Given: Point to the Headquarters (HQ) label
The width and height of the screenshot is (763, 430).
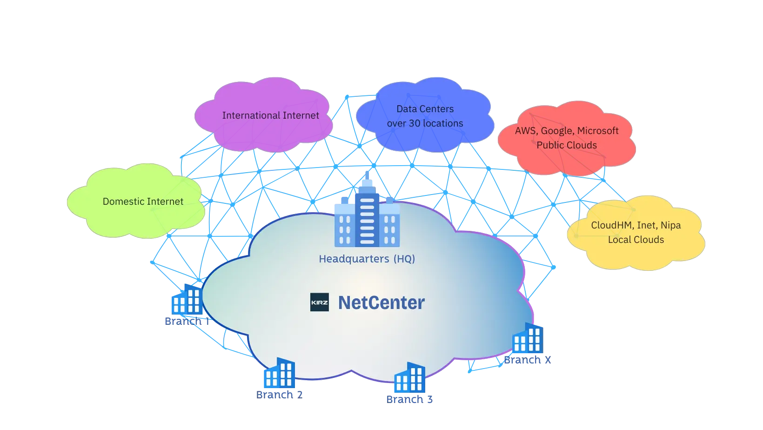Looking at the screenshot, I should (x=367, y=259).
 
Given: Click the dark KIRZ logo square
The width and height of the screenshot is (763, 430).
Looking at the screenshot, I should (x=320, y=302).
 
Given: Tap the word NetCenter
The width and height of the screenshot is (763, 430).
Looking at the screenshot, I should (x=381, y=302).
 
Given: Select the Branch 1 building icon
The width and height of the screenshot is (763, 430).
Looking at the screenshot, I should (x=187, y=301).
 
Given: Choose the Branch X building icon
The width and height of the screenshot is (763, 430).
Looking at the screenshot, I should (x=528, y=338).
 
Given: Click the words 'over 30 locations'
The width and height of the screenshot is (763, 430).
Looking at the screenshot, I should (x=425, y=123).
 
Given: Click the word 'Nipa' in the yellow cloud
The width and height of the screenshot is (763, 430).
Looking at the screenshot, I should (x=670, y=225).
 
